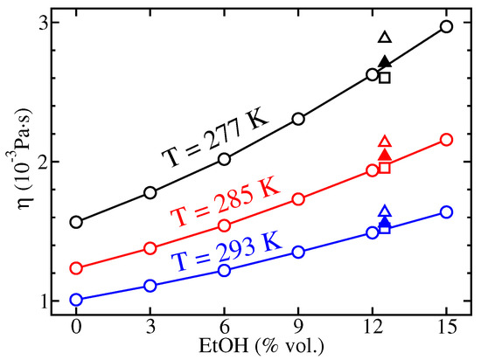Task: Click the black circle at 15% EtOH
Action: click(x=447, y=26)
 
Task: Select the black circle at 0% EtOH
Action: click(x=76, y=222)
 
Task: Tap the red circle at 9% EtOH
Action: click(x=298, y=199)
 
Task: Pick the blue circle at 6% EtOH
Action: click(x=224, y=270)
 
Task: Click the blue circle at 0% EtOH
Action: click(x=76, y=300)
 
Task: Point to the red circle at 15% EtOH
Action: click(x=447, y=140)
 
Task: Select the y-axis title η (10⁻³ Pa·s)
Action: click(x=18, y=163)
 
